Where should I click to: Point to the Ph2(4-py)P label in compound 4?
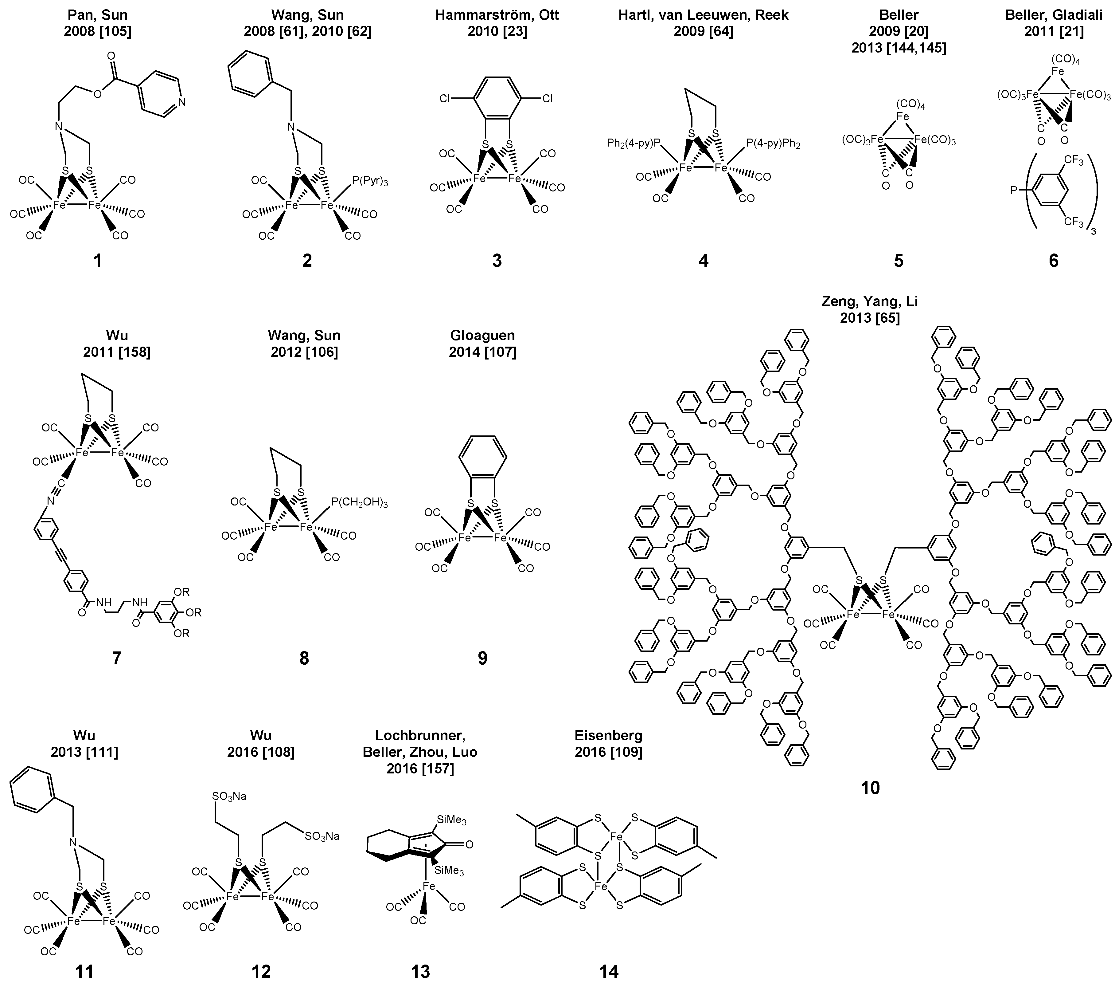[634, 144]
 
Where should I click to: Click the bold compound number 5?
[899, 261]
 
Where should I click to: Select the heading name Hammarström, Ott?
[497, 15]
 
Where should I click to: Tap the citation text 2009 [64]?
[704, 31]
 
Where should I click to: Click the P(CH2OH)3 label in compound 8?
[359, 503]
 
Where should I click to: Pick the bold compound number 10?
[870, 788]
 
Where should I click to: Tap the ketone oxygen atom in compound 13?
[469, 845]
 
